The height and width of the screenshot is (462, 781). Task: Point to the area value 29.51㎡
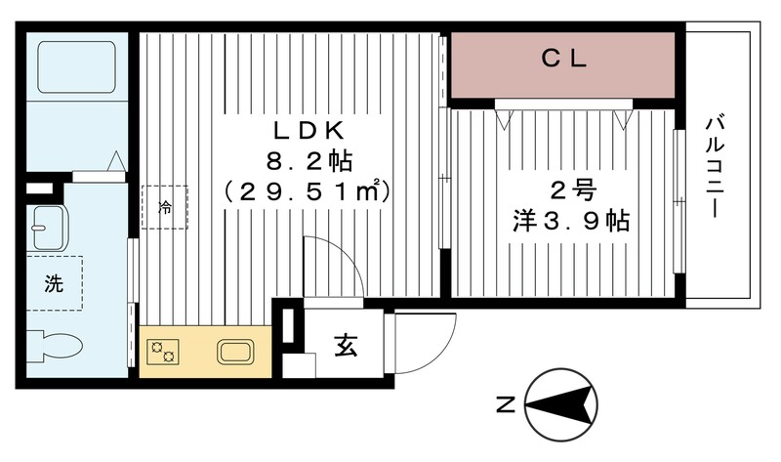pyautogui.click(x=306, y=190)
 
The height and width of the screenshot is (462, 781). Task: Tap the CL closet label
pyautogui.click(x=563, y=60)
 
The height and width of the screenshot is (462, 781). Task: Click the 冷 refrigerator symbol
pyautogui.click(x=164, y=207)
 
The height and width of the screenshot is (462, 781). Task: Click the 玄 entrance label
pyautogui.click(x=346, y=345)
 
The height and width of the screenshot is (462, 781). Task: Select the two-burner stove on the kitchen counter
pyautogui.click(x=162, y=351)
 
